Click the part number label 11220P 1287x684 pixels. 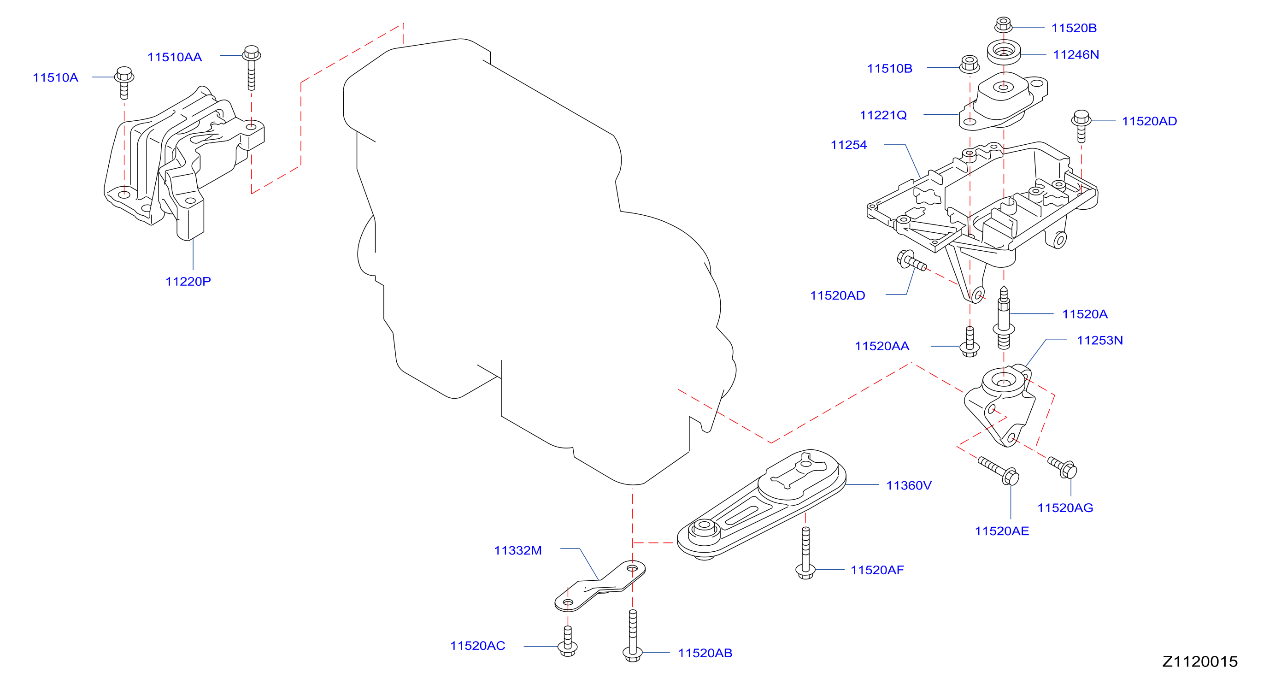[188, 282]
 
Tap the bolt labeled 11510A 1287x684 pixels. [124, 83]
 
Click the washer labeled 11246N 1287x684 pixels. [1004, 52]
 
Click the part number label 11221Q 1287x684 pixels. [883, 115]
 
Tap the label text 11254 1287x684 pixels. [848, 145]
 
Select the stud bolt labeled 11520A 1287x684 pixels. [1003, 318]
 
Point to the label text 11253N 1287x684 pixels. [1099, 340]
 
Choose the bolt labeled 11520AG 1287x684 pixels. [1063, 468]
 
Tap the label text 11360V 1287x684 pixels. [909, 486]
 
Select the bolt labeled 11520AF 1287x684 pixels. [805, 553]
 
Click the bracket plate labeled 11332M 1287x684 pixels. [600, 586]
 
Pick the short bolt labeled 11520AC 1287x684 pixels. [568, 642]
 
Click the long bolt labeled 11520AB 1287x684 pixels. [633, 636]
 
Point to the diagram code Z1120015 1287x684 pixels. [1200, 661]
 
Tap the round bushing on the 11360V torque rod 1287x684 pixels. [704, 531]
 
